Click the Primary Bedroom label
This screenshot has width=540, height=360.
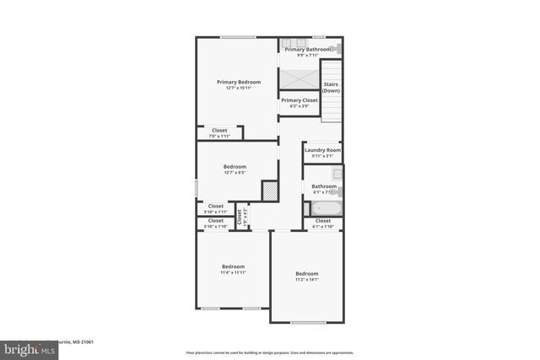coord(238,82)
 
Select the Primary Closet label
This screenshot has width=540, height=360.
coord(300,100)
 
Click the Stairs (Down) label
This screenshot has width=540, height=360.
coord(332,87)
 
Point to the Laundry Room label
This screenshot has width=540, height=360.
coord(323,150)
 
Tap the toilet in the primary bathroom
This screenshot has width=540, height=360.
coord(337,50)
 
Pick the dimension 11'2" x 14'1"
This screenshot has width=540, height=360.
coord(307,279)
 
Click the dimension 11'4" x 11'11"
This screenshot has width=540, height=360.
coord(233,272)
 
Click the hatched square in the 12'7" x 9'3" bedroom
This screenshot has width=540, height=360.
coord(269,191)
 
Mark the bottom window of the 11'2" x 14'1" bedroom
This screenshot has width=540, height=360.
coord(307,322)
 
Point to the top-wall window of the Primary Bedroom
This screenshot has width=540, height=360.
coord(239,37)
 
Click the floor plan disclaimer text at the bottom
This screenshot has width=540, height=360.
coord(270,353)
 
